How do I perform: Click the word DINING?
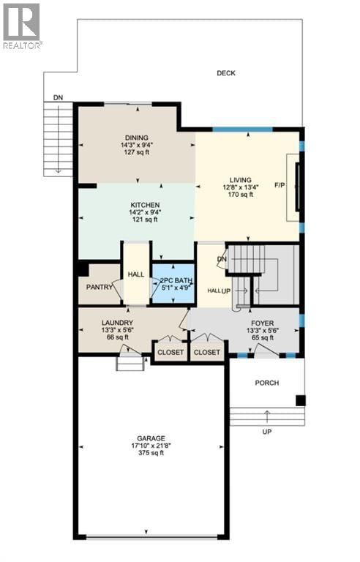click(136, 138)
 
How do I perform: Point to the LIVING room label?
click(240, 180)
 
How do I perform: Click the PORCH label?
click(266, 383)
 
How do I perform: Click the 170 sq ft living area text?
click(240, 195)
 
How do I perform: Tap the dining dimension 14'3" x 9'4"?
click(136, 145)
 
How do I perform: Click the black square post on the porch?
click(300, 400)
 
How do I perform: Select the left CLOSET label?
click(171, 353)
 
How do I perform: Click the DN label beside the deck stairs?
click(57, 97)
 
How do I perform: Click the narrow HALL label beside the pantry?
click(135, 274)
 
